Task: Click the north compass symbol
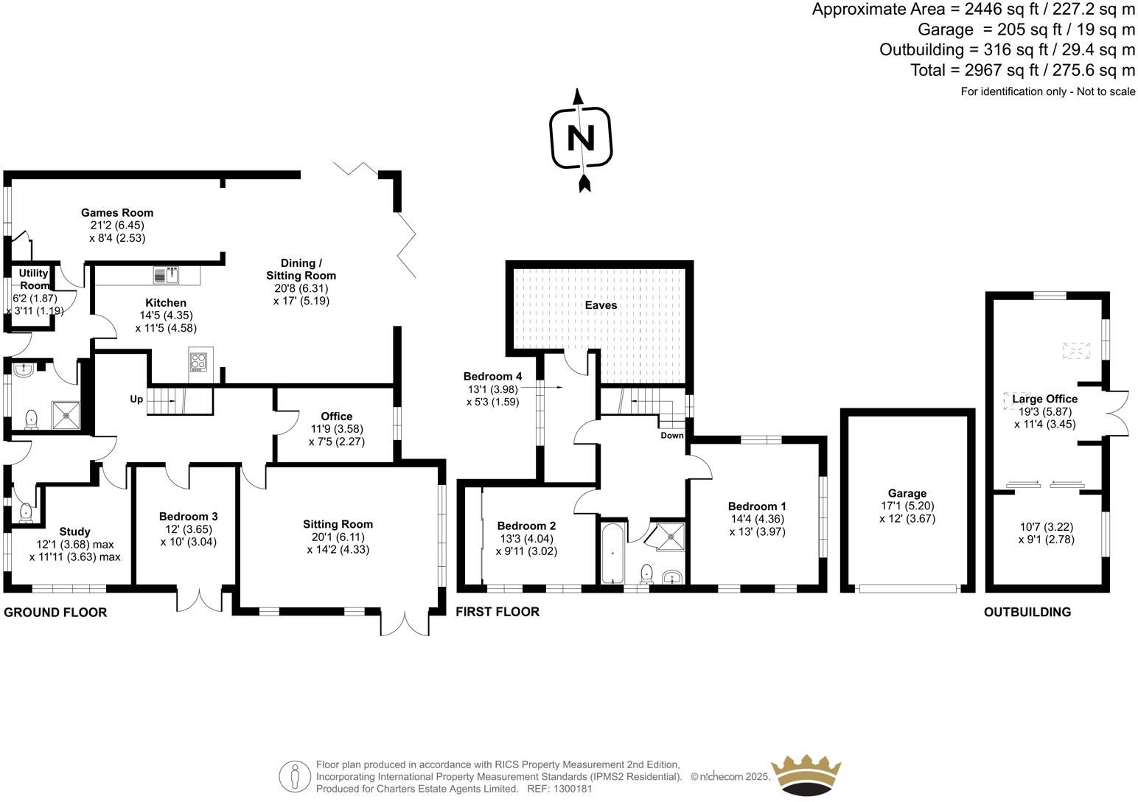click(582, 139)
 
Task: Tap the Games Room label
click(117, 212)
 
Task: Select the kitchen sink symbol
click(167, 275)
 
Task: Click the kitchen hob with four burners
click(198, 362)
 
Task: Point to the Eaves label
click(601, 305)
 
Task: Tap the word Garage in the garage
click(907, 493)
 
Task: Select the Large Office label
click(1044, 399)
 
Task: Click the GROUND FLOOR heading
click(55, 613)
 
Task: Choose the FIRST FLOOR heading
click(498, 612)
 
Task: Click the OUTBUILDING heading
click(1027, 612)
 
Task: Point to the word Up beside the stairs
click(136, 400)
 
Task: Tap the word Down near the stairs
click(671, 436)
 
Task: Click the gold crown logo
click(805, 775)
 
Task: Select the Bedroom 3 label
click(189, 517)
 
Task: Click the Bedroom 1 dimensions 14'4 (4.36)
click(757, 519)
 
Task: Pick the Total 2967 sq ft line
click(1022, 71)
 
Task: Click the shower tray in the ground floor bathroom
click(67, 414)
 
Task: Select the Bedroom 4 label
click(492, 376)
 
